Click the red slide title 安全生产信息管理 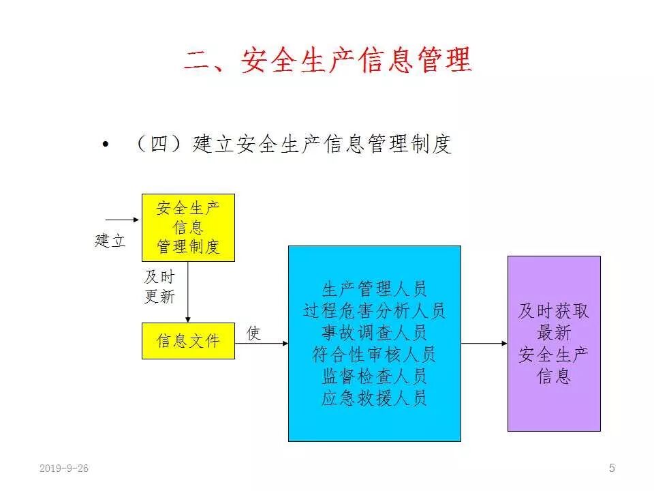coord(328,61)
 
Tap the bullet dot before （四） coord(105,145)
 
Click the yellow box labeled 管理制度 coord(188,227)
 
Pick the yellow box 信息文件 coord(188,340)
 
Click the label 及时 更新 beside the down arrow coord(159,286)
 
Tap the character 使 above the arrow coord(253,333)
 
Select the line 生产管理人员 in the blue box coord(374,288)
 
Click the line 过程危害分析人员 coord(374,311)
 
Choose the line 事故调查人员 coord(374,333)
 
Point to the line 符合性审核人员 coord(374,355)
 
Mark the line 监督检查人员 coord(374,376)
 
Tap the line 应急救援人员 coord(374,398)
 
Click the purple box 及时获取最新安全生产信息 coord(554,343)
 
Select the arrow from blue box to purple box coord(484,343)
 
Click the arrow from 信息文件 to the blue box coord(262,343)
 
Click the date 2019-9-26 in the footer coord(64,468)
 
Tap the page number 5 coord(612,468)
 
